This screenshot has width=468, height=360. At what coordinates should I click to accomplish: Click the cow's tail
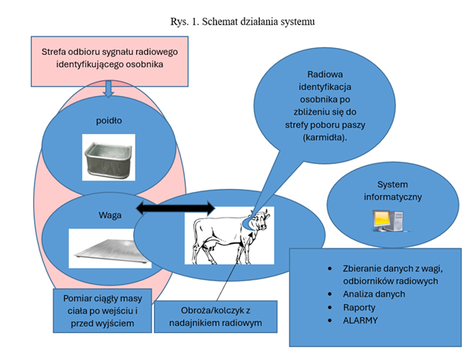click(x=196, y=236)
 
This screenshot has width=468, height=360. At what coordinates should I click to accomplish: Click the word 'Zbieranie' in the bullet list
click(x=364, y=268)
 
